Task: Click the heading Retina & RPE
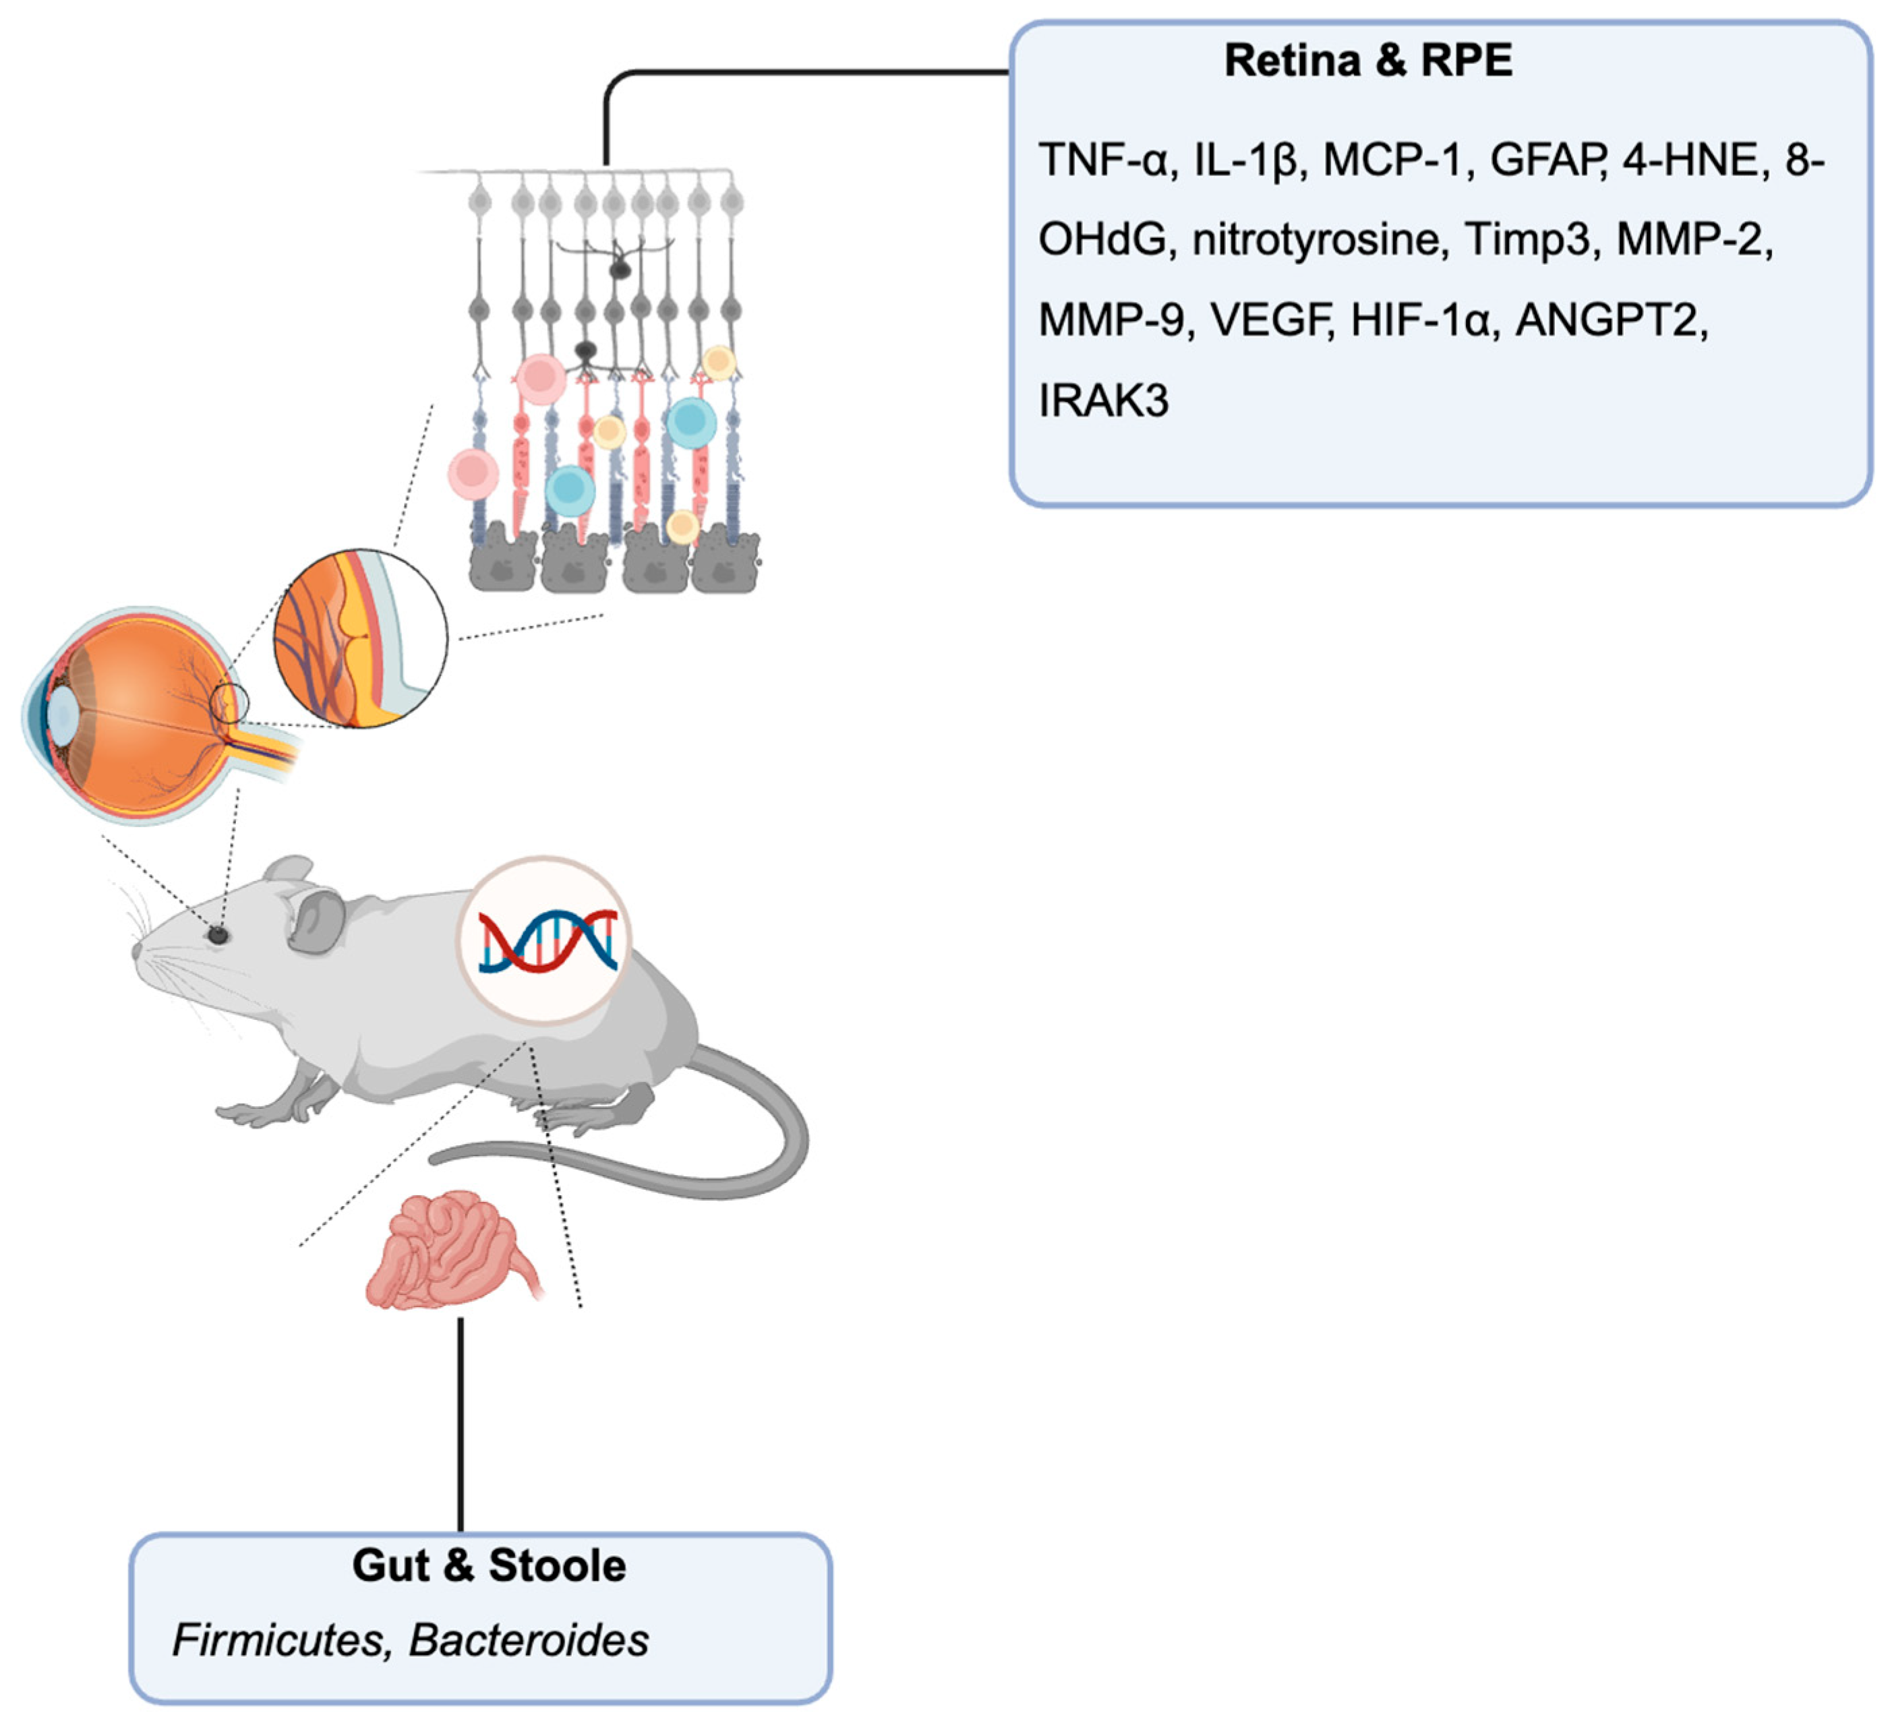1367,61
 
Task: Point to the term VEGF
1270,320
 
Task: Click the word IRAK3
1103,400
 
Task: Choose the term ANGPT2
1610,320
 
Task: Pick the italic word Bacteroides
529,1639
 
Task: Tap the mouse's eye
218,934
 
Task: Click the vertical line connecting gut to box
460,1423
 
